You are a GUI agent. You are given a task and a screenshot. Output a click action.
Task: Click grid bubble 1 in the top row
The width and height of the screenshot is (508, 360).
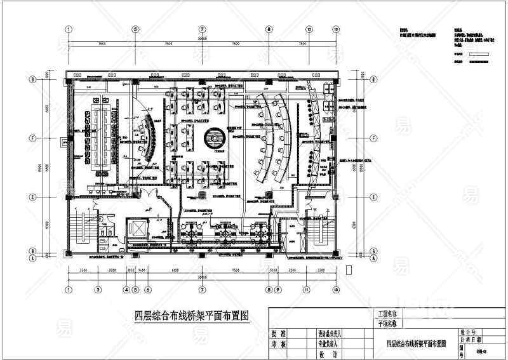[69, 29]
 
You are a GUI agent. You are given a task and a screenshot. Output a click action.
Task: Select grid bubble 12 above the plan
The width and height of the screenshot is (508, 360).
[309, 29]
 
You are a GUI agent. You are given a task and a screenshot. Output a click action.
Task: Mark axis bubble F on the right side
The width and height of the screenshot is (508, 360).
[374, 137]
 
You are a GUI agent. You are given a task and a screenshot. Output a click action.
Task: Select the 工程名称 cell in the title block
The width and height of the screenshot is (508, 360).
[387, 314]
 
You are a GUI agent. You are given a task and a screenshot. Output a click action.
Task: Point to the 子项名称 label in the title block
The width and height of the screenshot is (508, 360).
[387, 323]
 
